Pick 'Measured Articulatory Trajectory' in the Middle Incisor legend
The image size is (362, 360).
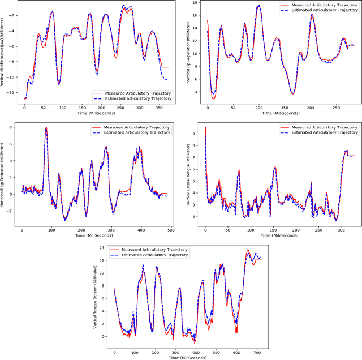point(133,92)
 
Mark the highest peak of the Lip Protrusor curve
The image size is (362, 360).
point(46,128)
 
